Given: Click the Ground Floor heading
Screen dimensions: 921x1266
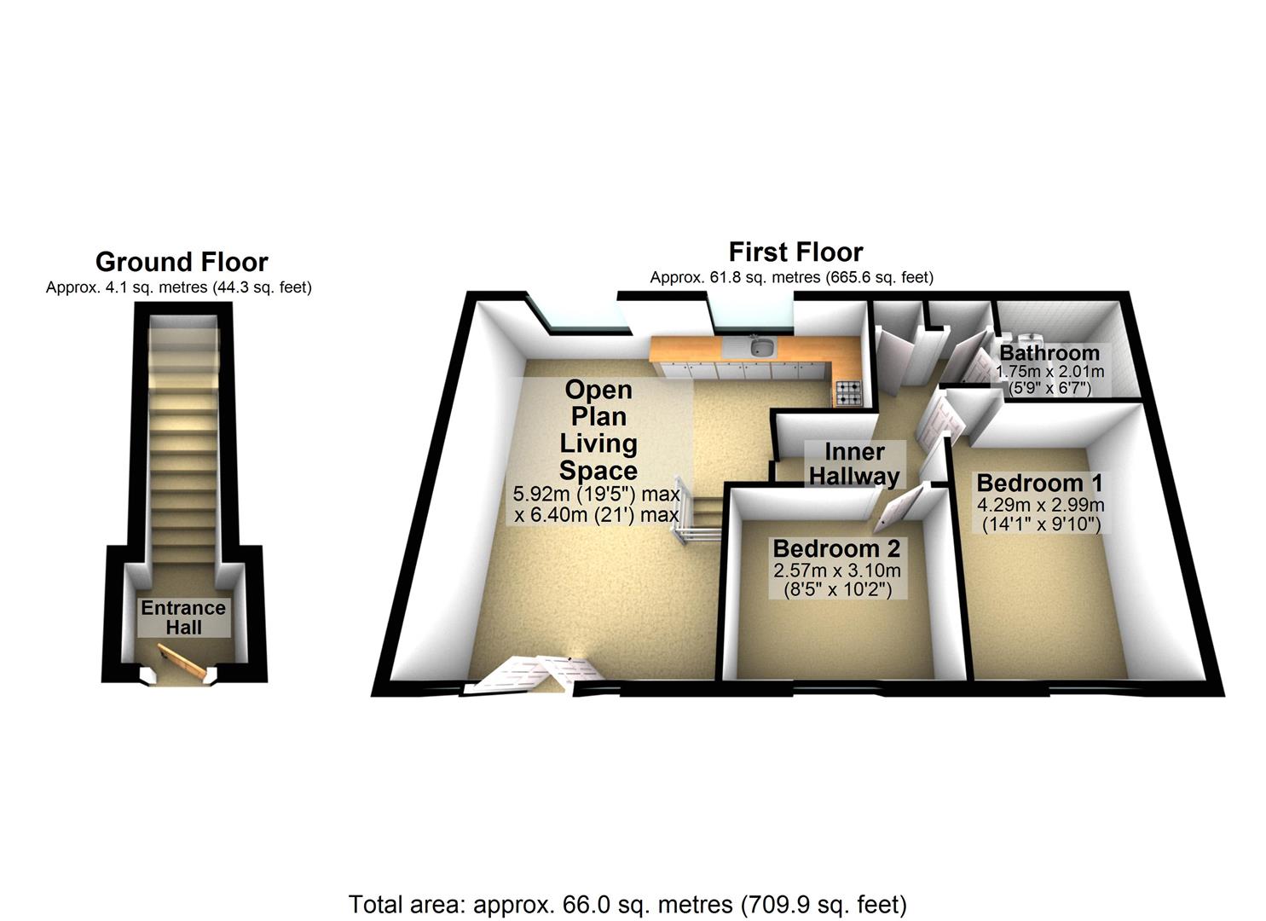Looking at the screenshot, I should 182,262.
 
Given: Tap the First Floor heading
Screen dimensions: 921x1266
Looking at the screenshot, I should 795,252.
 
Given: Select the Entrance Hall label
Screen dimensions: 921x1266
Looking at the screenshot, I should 183,617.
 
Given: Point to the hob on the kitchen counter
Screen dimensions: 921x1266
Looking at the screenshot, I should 848,392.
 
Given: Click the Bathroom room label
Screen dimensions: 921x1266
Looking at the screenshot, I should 1049,353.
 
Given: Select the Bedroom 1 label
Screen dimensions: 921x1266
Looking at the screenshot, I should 1039,483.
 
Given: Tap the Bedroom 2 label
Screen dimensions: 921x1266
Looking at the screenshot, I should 836,548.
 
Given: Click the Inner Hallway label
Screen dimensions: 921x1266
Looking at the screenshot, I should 854,464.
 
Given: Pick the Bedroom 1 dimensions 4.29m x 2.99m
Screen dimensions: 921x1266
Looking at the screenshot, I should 1041,505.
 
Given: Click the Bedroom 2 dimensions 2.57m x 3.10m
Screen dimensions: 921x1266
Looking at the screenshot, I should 836,571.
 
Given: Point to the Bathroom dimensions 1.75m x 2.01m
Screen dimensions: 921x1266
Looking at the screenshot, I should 1049,372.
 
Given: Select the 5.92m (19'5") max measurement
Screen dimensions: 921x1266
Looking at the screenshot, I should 597,494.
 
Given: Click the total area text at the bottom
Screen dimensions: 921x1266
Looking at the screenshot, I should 627,904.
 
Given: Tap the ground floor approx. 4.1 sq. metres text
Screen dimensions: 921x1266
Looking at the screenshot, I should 179,287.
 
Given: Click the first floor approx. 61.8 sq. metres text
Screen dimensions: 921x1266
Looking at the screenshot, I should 791,277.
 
